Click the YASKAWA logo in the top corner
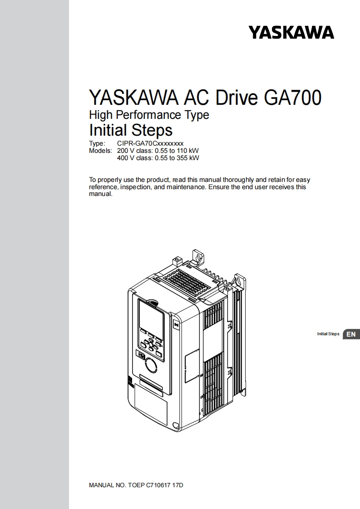(x=291, y=32)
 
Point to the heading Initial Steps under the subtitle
(x=131, y=130)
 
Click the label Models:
(x=100, y=151)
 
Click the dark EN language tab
(x=351, y=334)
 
